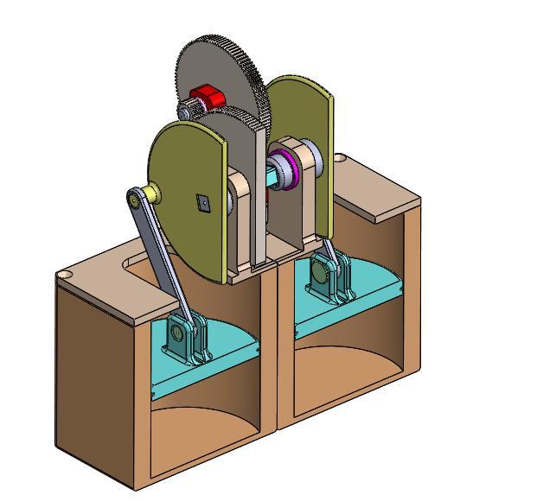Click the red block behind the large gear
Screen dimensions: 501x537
[x=208, y=95]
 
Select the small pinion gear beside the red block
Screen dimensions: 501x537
[x=188, y=110]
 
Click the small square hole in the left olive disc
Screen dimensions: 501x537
[x=202, y=202]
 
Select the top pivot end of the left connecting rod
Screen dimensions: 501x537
[x=135, y=200]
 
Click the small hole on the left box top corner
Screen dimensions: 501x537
[x=64, y=276]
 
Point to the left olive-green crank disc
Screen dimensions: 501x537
[x=186, y=199]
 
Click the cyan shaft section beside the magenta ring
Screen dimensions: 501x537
[x=277, y=173]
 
